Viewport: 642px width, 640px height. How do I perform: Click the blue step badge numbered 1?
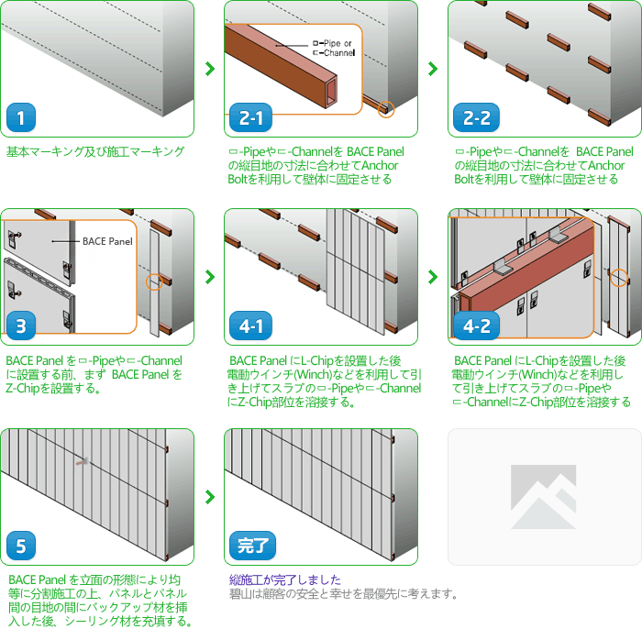point(21,117)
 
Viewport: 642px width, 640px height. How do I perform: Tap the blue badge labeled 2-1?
point(250,117)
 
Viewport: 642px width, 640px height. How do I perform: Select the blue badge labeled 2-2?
point(476,117)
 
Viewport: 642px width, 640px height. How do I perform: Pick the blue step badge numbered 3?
point(21,326)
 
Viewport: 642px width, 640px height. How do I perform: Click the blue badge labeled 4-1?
point(250,326)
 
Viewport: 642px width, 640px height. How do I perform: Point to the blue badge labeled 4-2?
point(476,326)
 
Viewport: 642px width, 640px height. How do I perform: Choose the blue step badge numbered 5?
point(21,546)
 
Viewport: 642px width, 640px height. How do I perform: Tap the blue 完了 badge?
point(252,546)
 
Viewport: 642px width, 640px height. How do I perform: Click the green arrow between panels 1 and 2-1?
point(210,69)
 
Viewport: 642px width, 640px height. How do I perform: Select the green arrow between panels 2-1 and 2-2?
point(433,69)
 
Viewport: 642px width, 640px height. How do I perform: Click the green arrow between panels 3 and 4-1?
point(210,277)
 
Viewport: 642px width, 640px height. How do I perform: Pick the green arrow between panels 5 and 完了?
point(210,497)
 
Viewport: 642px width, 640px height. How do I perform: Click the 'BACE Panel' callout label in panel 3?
point(107,241)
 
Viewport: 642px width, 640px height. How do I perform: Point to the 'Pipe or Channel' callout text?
point(333,48)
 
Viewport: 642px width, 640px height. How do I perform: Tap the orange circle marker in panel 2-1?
point(386,109)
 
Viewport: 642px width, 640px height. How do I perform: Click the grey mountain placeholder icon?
point(543,497)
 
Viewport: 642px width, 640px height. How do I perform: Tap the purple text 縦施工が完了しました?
point(285,579)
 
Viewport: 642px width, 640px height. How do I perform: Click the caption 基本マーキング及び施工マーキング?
point(95,151)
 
